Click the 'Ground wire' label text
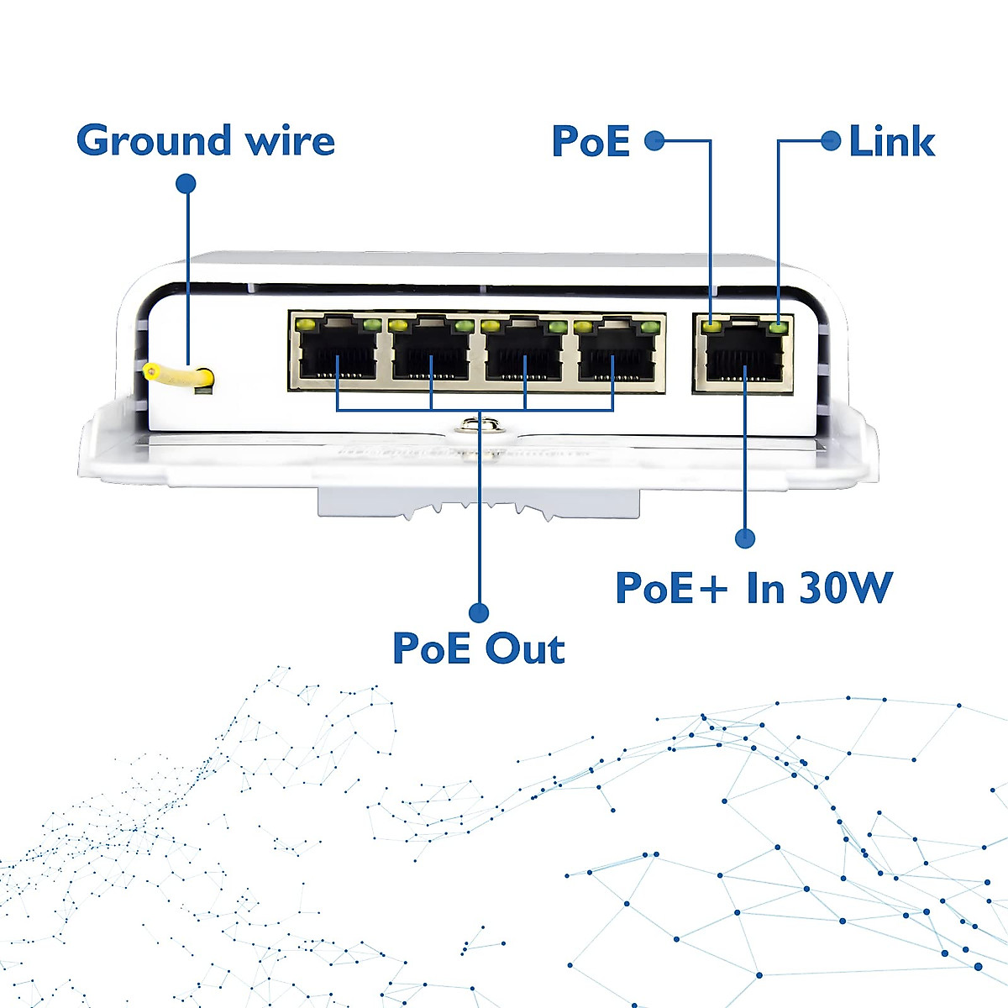(206, 141)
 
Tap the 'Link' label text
(892, 141)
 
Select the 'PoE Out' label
(479, 648)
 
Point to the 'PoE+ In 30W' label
(753, 588)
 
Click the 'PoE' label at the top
(591, 141)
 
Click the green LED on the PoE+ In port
(779, 328)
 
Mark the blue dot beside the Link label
(831, 141)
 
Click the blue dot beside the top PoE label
(654, 141)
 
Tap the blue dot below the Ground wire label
(186, 184)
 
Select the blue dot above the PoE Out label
(479, 612)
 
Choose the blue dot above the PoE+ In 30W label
(745, 538)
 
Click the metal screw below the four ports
(482, 425)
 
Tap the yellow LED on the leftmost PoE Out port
(305, 327)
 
